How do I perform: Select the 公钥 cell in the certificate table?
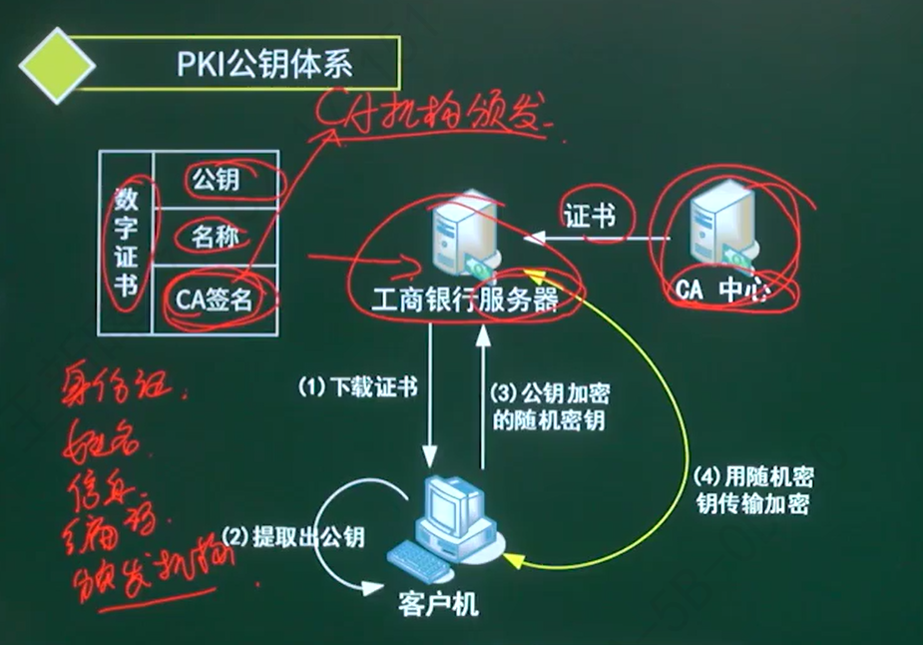(x=216, y=181)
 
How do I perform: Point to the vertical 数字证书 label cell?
(x=126, y=243)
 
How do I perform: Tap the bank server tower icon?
(x=454, y=237)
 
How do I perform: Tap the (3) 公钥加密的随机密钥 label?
(x=548, y=404)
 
